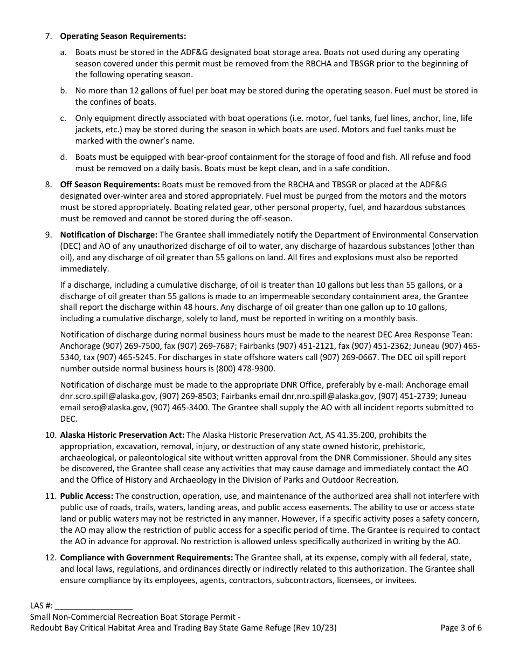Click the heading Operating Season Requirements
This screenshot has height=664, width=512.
click(123, 36)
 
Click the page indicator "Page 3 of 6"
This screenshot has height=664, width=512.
click(461, 628)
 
